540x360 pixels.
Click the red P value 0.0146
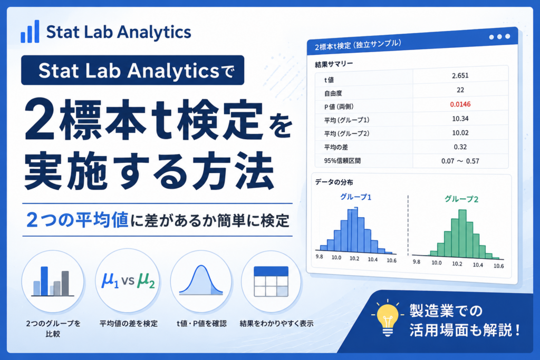[460, 104]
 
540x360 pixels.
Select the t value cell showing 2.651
[460, 76]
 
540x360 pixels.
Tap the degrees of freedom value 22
[460, 90]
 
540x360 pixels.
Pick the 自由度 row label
[333, 93]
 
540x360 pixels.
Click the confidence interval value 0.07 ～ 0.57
[460, 161]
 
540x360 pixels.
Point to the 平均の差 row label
[336, 147]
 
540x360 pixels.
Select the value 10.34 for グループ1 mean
[460, 119]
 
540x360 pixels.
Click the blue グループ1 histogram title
[356, 197]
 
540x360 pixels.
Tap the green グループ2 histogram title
[461, 199]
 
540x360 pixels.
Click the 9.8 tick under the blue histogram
[319, 256]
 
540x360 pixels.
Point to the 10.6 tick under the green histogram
[498, 266]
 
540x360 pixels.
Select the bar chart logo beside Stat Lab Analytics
[30, 32]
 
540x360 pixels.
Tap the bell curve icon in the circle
[201, 281]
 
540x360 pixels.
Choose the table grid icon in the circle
[271, 281]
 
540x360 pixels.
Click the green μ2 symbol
[146, 280]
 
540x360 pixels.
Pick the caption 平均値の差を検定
[129, 324]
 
